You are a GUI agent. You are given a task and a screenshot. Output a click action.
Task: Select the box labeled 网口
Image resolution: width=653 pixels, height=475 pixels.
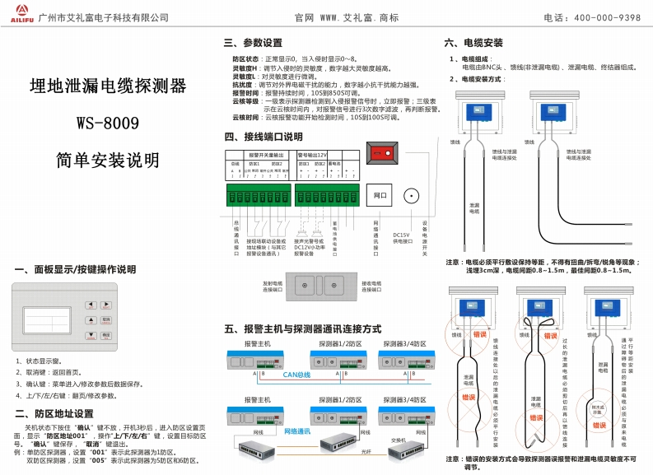[x=379, y=196]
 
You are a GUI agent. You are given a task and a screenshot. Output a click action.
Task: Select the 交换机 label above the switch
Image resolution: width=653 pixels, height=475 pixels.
[x=398, y=440]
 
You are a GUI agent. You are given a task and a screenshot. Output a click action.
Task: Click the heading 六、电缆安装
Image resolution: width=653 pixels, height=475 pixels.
[x=474, y=41]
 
